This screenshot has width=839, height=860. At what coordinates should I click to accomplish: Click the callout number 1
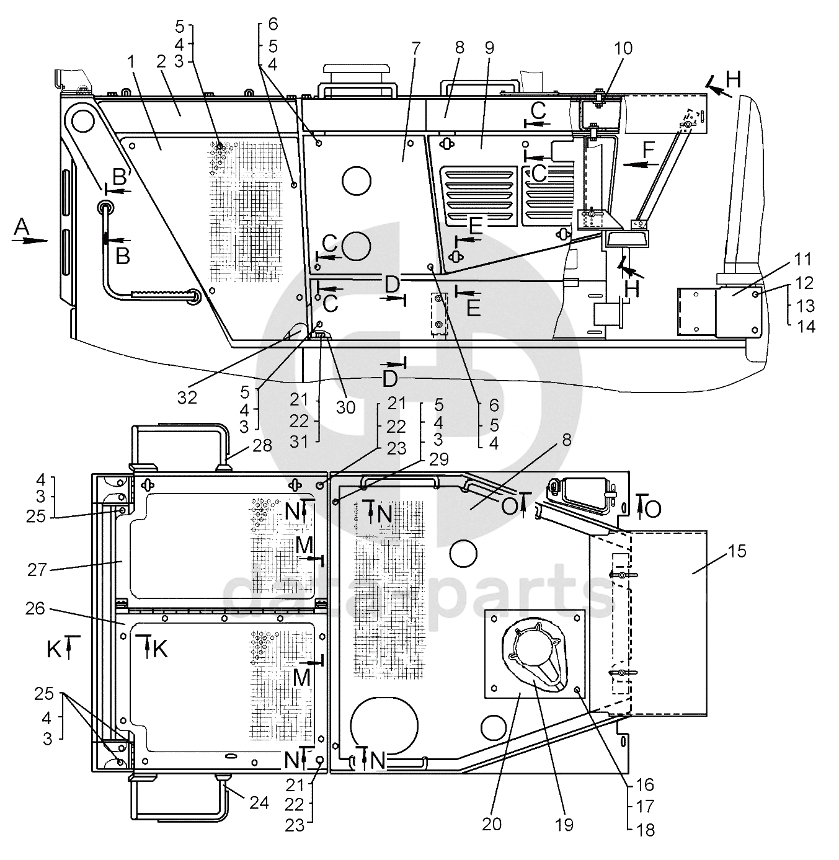click(131, 63)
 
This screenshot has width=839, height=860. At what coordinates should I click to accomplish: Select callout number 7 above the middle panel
click(415, 47)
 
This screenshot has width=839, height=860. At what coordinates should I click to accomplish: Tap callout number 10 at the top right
click(623, 48)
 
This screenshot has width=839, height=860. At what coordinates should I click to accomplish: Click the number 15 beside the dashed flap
click(737, 551)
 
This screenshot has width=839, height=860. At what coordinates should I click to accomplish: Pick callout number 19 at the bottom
click(564, 824)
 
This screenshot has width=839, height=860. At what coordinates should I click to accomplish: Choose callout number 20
click(492, 824)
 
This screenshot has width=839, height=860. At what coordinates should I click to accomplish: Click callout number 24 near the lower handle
click(259, 802)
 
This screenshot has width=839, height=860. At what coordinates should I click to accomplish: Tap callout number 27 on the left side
click(37, 570)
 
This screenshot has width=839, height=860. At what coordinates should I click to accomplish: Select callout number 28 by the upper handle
click(262, 445)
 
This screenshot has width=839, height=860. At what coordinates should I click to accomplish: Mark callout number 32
click(187, 397)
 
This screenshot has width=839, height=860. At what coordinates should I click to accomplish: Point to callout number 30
click(345, 407)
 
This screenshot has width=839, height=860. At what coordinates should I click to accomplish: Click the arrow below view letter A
click(29, 241)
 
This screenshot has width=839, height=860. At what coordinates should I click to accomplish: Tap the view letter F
click(649, 150)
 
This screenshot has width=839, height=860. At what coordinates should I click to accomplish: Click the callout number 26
click(35, 608)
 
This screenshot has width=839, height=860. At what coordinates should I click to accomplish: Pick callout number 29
click(439, 459)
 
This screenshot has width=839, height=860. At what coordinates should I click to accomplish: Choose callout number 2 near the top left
click(161, 62)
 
